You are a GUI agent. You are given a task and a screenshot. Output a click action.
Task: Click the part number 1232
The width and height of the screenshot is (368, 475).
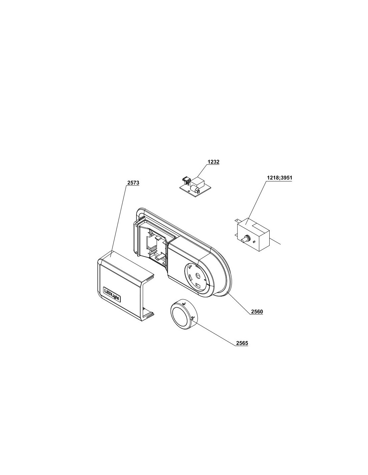click(x=213, y=162)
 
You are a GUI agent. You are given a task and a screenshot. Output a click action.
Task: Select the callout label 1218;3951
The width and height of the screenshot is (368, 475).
click(x=279, y=177)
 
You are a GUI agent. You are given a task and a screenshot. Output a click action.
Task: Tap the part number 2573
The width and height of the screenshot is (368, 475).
click(x=133, y=183)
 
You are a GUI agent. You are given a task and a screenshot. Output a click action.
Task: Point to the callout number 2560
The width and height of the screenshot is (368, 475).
click(x=257, y=312)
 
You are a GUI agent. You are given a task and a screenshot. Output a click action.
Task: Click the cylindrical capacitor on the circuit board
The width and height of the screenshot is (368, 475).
click(x=194, y=188)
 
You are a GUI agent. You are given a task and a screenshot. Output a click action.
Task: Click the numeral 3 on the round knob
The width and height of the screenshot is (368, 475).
click(x=192, y=318)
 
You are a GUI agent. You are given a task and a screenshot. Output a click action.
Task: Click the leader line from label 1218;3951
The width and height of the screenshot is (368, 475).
click(x=256, y=202)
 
